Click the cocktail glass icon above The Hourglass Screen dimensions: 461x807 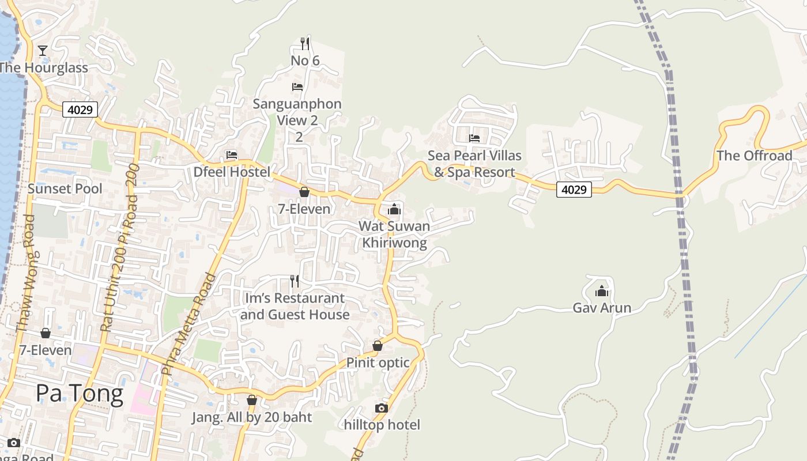click(x=43, y=51)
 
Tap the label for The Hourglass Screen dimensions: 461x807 click(x=43, y=67)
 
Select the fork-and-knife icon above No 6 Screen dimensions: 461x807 click(x=305, y=43)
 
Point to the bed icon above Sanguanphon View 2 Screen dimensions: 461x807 click(x=297, y=87)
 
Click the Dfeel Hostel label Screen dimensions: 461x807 click(x=232, y=172)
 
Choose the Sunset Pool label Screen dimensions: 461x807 click(x=65, y=188)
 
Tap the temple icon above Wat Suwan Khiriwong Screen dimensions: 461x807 click(x=394, y=209)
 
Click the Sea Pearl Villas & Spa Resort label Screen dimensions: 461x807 click(x=474, y=164)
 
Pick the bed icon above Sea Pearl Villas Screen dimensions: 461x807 click(x=474, y=138)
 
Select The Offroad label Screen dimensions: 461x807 click(x=754, y=156)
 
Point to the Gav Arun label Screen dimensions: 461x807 click(x=602, y=308)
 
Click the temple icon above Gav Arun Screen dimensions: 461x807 click(x=602, y=292)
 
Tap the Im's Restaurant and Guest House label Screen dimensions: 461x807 click(x=295, y=306)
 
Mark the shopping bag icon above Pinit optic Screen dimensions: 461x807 click(x=378, y=346)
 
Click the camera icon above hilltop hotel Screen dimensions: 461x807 click(x=382, y=409)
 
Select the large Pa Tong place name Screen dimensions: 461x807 click(x=80, y=394)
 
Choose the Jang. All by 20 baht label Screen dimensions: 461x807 click(x=252, y=417)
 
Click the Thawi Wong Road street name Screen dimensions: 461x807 click(x=26, y=274)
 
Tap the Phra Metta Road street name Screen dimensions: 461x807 click(x=189, y=324)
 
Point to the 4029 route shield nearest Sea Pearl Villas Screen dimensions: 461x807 click(x=574, y=189)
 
